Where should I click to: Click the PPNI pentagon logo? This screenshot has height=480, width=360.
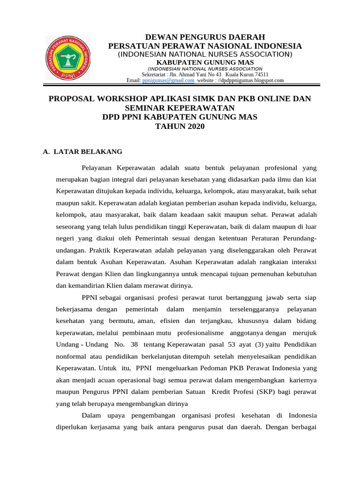point(69,59)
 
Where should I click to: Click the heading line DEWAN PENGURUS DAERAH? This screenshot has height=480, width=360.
point(205,37)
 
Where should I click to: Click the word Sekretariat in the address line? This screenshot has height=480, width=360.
point(157,74)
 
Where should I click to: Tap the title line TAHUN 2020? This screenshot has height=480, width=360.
point(180,126)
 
